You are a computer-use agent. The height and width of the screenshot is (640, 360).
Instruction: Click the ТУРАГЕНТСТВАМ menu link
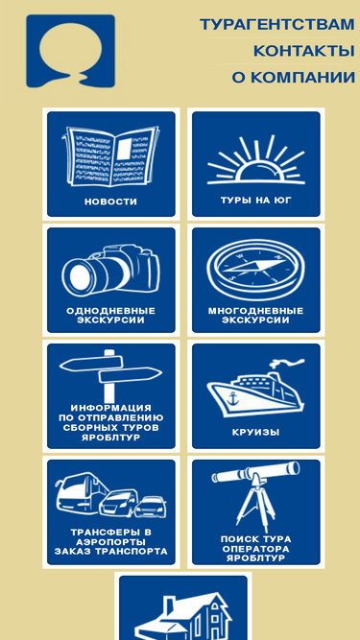(x=277, y=25)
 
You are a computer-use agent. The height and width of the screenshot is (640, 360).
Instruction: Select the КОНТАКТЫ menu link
(x=303, y=51)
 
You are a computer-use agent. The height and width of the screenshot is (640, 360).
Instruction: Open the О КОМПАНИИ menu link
(x=293, y=77)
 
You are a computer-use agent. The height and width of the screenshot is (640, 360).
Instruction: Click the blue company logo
(x=71, y=52)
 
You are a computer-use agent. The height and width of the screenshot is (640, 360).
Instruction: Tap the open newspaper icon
(x=110, y=156)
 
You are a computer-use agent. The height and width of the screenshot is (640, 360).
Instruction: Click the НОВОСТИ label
(x=110, y=201)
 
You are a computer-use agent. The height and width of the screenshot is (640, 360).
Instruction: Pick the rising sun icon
(x=256, y=160)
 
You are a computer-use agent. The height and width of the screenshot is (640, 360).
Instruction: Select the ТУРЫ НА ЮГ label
(x=256, y=200)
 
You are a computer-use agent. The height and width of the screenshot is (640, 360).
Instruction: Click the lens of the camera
(x=82, y=275)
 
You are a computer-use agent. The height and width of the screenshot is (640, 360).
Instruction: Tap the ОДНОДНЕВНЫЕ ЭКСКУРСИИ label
(x=110, y=316)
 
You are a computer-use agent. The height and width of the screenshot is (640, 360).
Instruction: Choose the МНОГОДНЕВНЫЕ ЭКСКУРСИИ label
(x=256, y=316)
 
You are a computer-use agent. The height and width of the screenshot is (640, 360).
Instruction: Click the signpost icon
(x=109, y=376)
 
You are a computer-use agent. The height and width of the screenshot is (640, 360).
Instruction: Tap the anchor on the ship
(x=233, y=398)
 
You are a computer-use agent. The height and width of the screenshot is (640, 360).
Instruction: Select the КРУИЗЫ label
(x=256, y=432)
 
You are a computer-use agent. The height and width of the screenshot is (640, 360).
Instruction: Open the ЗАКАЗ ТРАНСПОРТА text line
(x=110, y=552)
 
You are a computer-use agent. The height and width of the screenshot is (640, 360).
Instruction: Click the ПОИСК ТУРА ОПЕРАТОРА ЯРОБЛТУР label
(x=256, y=549)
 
